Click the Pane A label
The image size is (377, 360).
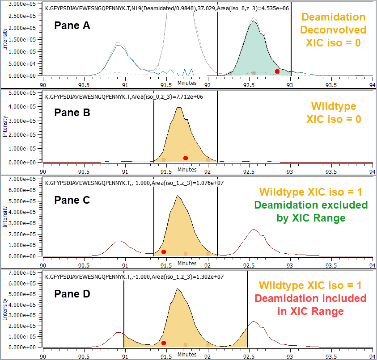[72, 26]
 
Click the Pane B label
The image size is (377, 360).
[72, 112]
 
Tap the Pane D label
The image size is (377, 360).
[72, 294]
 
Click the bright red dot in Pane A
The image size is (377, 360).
[277, 71]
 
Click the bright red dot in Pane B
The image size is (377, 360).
[186, 158]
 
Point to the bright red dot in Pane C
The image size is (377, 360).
[164, 252]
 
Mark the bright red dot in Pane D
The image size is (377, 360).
[164, 343]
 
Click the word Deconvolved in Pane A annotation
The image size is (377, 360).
[333, 30]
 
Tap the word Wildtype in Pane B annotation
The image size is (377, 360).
[333, 107]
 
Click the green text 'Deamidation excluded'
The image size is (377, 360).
[311, 205]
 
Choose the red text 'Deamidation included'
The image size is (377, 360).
[311, 298]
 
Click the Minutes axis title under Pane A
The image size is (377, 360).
[186, 83]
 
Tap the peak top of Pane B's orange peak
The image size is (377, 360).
[179, 108]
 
